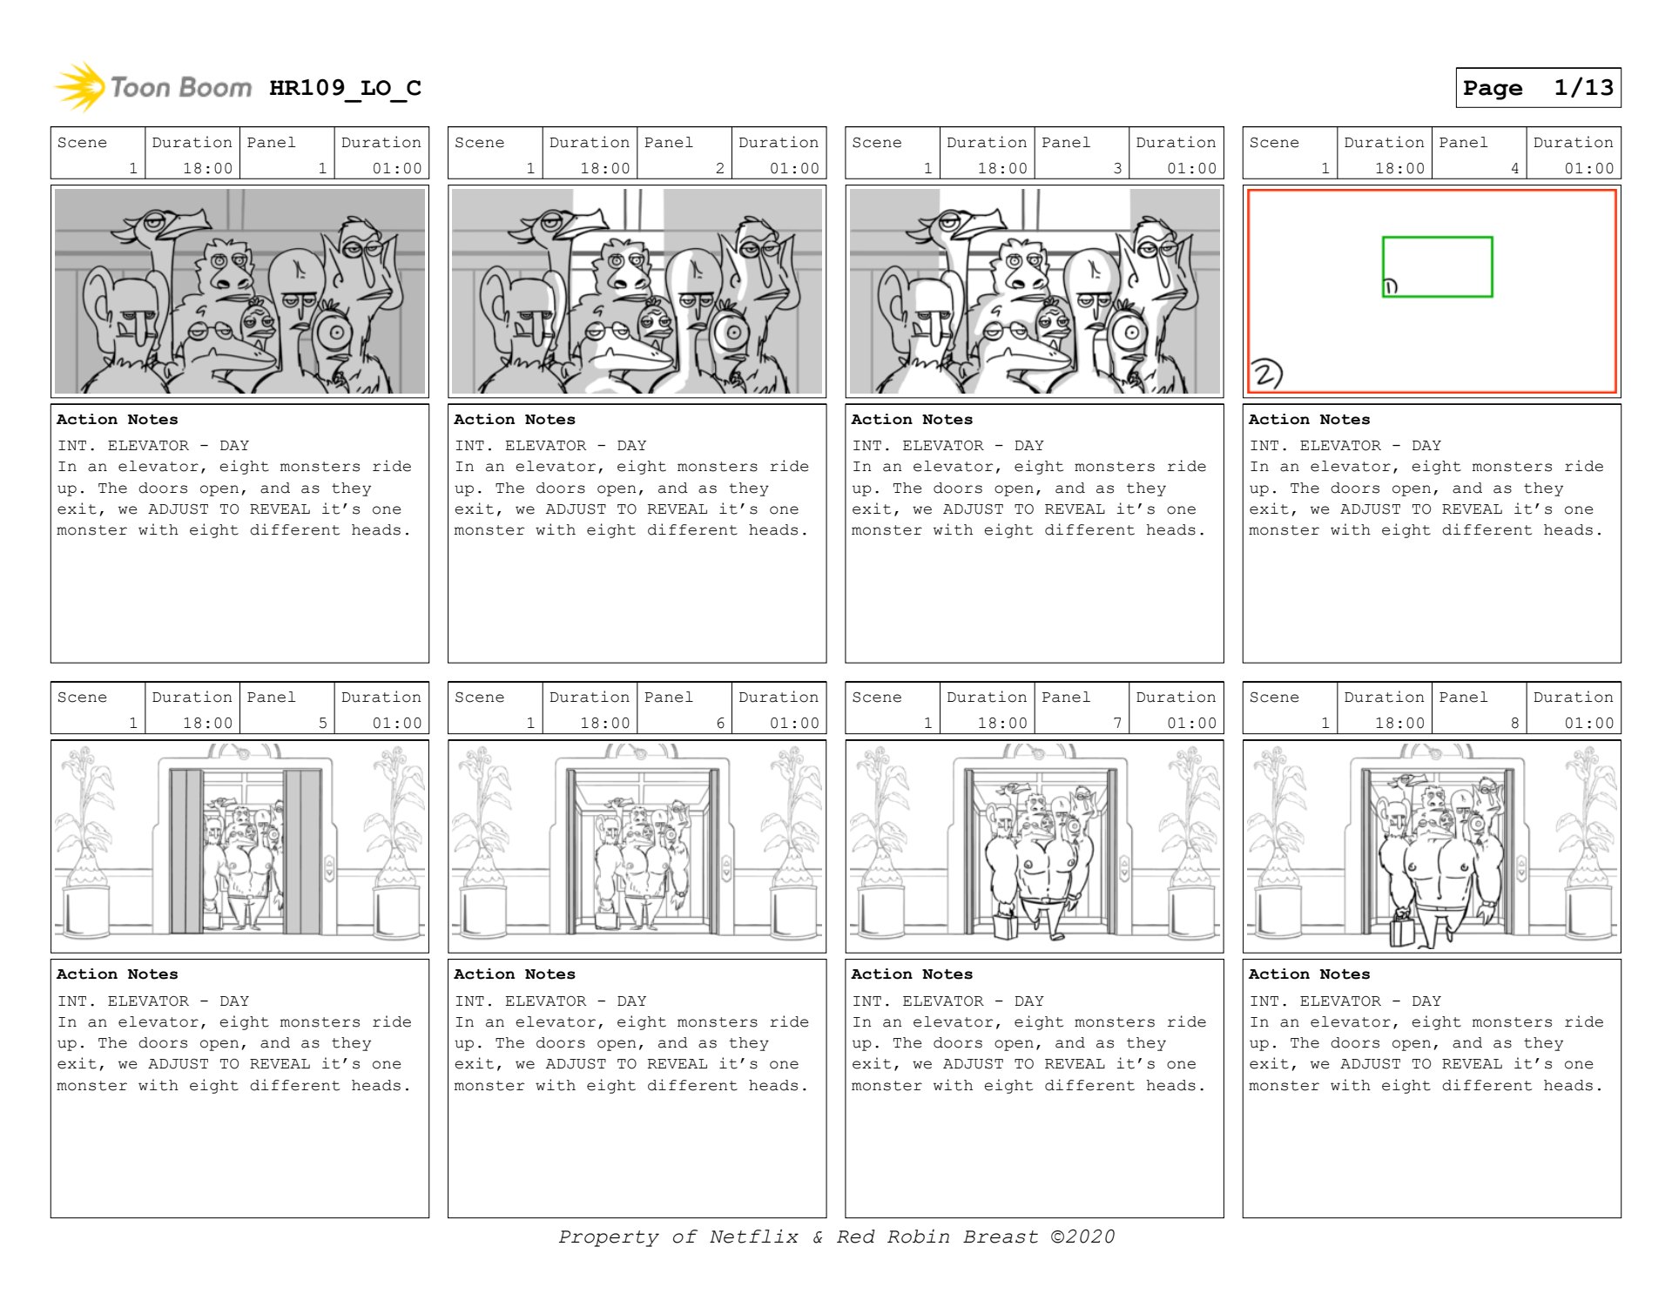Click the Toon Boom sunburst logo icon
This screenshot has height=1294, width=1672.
coord(79,86)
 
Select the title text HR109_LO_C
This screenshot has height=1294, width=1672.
coord(345,88)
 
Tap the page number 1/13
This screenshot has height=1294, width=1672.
coord(1583,87)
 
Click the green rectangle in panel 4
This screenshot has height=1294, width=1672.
coord(1437,238)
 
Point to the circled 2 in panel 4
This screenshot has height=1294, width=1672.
coord(1266,374)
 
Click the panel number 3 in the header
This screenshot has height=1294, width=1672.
coord(1117,168)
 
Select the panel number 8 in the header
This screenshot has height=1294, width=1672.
coord(1514,723)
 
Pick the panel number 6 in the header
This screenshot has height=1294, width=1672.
coord(720,723)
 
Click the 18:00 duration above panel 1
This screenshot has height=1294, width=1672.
coord(207,168)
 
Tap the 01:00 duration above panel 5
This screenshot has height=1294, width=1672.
coord(397,723)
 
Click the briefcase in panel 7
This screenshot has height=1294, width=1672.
coord(1006,924)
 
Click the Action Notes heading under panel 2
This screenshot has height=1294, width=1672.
coord(515,420)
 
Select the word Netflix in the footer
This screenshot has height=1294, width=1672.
coord(753,1237)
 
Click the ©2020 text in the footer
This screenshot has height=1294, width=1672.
coord(1082,1237)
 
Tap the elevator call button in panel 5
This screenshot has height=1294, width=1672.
coord(330,867)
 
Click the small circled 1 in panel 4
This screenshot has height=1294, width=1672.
coord(1390,286)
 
